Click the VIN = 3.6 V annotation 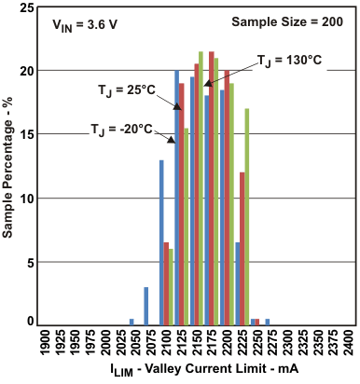click(82, 27)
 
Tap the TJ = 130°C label click(291, 60)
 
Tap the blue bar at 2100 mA click(161, 242)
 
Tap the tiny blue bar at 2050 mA click(132, 322)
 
